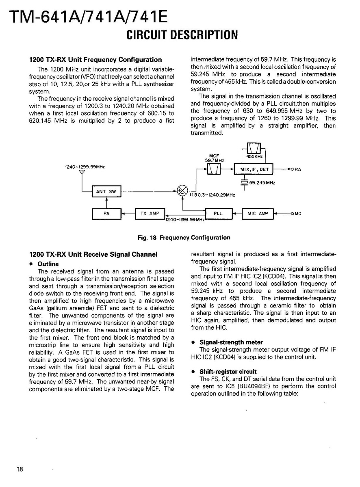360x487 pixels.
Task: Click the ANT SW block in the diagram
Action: click(x=106, y=191)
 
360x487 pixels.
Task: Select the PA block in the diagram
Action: click(x=106, y=213)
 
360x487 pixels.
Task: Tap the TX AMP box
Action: click(x=150, y=213)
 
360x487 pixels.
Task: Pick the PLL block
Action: click(x=218, y=213)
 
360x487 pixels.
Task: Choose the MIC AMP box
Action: click(x=258, y=213)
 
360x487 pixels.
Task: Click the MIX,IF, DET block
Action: click(x=254, y=169)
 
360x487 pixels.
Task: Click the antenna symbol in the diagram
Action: click(x=82, y=172)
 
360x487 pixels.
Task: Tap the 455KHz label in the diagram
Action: click(x=254, y=156)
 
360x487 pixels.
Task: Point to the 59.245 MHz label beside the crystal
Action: click(x=262, y=183)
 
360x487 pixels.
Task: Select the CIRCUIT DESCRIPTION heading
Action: click(x=182, y=35)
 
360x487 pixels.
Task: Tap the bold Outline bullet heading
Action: click(x=48, y=264)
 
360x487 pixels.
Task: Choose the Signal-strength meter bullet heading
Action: click(x=231, y=342)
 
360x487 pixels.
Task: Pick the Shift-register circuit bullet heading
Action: click(x=228, y=372)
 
